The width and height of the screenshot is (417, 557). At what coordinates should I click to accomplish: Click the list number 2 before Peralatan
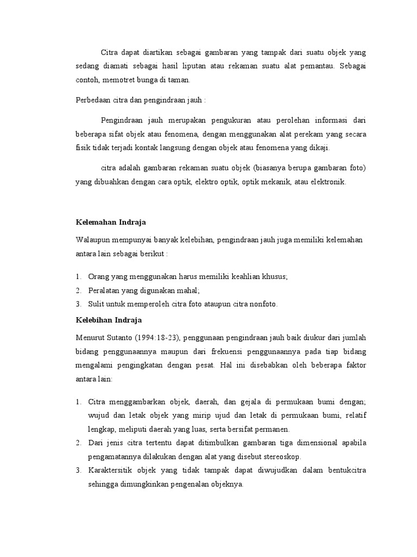click(79, 290)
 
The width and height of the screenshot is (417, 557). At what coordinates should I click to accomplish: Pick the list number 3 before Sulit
click(79, 305)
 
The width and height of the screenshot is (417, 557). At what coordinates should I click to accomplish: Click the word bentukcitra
click(344, 470)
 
